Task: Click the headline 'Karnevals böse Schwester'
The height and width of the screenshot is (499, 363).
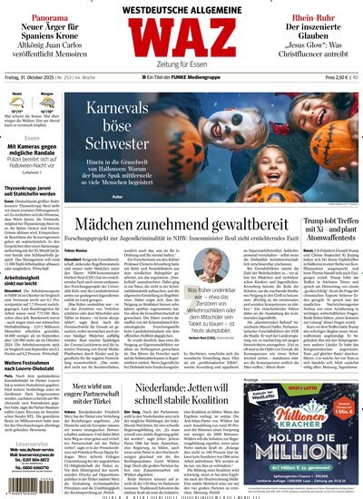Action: (133, 148)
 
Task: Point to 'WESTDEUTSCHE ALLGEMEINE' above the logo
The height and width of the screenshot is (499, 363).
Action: (181, 9)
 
